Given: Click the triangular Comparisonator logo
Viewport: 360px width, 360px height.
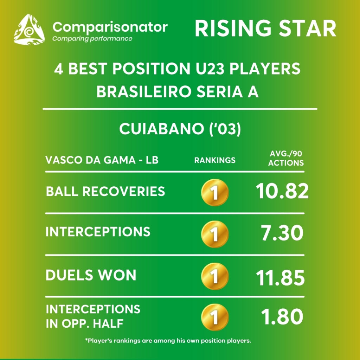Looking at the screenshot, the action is point(29,30).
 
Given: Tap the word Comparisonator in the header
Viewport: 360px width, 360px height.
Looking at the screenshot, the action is point(110,27).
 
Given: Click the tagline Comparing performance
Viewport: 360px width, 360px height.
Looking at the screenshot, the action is point(92,39).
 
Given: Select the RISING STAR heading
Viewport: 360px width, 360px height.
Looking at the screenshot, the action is point(265,28).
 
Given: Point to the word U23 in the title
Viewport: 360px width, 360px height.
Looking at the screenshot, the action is point(210,69).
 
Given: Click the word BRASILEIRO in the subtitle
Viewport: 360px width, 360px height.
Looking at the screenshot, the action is point(144,92).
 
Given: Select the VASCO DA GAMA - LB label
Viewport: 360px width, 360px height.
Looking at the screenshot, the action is point(102,160).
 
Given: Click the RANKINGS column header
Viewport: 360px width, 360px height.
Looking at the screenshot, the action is point(215,160).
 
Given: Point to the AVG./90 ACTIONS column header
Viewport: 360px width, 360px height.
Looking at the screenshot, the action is point(286,158).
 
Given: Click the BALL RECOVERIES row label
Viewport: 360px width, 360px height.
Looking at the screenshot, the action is point(105,191).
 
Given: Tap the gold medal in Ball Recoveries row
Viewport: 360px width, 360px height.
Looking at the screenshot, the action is point(215,192).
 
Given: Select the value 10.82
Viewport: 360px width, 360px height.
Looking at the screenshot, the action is point(282,191).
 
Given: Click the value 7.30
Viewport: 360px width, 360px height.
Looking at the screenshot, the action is point(282,233).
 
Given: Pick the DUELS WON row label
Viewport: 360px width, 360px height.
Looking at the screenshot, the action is point(91,275).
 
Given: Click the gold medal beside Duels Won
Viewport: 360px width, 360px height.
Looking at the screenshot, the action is point(215,276).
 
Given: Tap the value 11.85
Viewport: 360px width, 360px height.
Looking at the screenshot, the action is point(280,278).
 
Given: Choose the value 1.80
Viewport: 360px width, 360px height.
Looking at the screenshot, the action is point(282,317).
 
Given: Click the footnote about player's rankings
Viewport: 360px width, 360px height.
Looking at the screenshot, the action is point(168,340).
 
